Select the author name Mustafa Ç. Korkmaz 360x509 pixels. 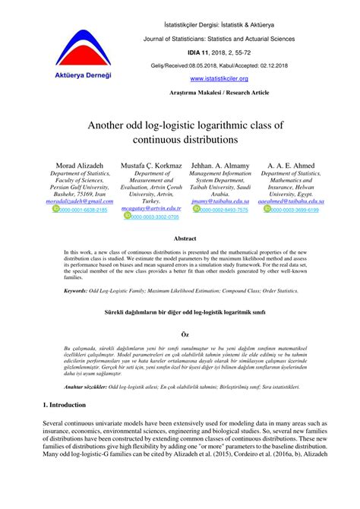(x=151, y=165)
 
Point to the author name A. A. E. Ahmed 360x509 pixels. (x=292, y=165)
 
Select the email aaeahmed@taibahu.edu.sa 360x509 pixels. (x=292, y=201)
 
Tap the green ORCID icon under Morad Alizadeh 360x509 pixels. (x=55, y=209)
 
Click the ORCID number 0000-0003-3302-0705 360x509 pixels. (x=155, y=217)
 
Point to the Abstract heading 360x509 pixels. (x=185, y=239)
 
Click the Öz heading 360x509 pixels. (x=185, y=334)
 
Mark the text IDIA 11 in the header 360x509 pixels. (x=187, y=52)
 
